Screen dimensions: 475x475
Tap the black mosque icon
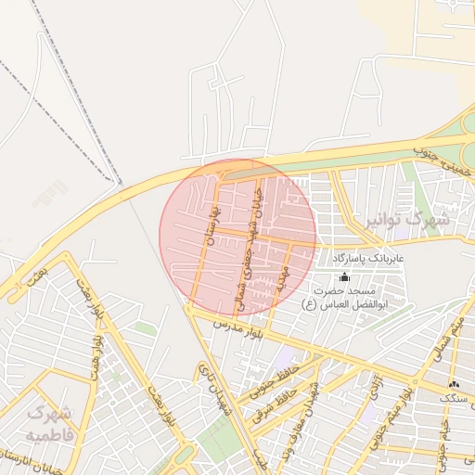point(345,276)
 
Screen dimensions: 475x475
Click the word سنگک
point(457,397)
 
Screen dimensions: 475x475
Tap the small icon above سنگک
point(453,384)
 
